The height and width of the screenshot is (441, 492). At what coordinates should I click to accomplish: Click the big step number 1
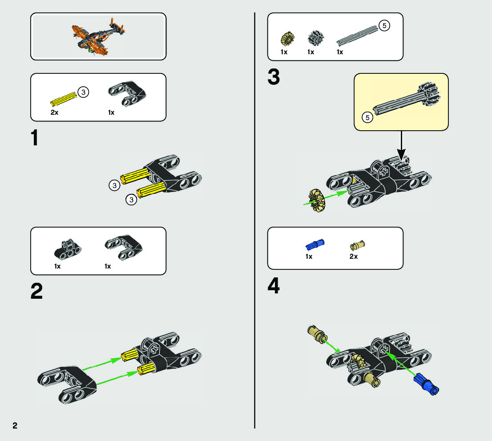[x=34, y=138]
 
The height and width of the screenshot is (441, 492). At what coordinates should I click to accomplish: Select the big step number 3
[x=273, y=77]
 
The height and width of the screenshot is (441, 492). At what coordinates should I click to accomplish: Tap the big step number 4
[x=274, y=285]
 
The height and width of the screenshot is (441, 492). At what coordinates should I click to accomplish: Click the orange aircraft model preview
[x=98, y=36]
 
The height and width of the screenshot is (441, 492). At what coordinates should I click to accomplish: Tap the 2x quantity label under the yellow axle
[x=54, y=112]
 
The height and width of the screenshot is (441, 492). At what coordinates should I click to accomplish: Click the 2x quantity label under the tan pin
[x=354, y=257]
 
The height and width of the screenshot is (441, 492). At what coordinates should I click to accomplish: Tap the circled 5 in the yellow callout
[x=367, y=118]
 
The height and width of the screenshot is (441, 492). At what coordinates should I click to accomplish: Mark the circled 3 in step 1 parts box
[x=83, y=92]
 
